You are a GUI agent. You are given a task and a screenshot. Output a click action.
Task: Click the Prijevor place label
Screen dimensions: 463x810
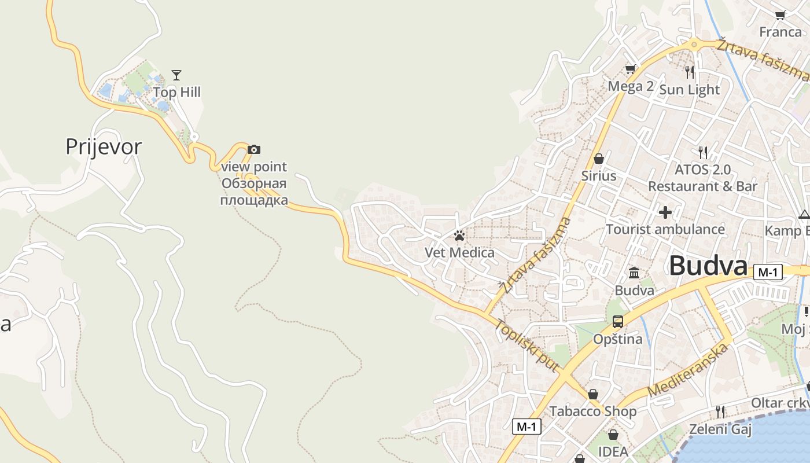pyautogui.click(x=104, y=147)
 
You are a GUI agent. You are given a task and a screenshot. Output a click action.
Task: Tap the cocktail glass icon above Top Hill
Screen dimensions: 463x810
pyautogui.click(x=176, y=75)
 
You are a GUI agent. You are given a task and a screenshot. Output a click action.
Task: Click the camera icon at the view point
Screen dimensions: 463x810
pyautogui.click(x=253, y=150)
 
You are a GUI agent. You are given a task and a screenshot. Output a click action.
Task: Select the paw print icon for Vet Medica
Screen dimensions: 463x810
pyautogui.click(x=459, y=236)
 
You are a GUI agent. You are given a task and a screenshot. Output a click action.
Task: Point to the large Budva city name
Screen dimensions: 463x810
pyautogui.click(x=708, y=266)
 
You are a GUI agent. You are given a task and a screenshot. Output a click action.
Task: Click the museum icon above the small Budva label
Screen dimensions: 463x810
pyautogui.click(x=634, y=273)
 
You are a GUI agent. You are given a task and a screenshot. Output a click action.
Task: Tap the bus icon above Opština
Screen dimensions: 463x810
pyautogui.click(x=618, y=322)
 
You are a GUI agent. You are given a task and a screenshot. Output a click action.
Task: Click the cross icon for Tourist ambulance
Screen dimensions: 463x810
pyautogui.click(x=665, y=212)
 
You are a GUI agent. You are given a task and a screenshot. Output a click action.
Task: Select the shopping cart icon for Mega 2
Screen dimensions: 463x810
pyautogui.click(x=630, y=69)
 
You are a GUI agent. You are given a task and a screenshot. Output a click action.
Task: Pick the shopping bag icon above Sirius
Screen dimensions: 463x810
pyautogui.click(x=599, y=159)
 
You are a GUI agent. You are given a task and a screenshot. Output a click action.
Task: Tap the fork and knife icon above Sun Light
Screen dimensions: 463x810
pyautogui.click(x=690, y=72)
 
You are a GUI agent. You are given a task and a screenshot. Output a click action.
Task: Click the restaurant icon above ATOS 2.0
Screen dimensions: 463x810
pyautogui.click(x=703, y=153)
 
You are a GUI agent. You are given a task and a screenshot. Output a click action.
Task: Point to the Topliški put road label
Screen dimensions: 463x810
pyautogui.click(x=526, y=346)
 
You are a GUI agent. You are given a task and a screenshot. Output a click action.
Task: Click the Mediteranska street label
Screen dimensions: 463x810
pyautogui.click(x=687, y=371)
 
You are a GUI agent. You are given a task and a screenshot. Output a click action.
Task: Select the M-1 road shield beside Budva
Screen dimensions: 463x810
pyautogui.click(x=768, y=272)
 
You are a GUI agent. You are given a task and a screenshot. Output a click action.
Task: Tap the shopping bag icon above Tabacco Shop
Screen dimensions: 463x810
pyautogui.click(x=593, y=394)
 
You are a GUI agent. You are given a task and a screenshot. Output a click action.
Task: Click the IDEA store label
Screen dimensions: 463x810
pyautogui.click(x=613, y=451)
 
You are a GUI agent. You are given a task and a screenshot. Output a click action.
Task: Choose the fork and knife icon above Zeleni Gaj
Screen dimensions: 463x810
pyautogui.click(x=720, y=412)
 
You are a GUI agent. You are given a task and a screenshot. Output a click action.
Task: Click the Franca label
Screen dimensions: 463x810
pyautogui.click(x=780, y=32)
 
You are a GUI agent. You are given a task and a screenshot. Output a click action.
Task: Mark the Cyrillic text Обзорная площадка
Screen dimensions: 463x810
pyautogui.click(x=254, y=193)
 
